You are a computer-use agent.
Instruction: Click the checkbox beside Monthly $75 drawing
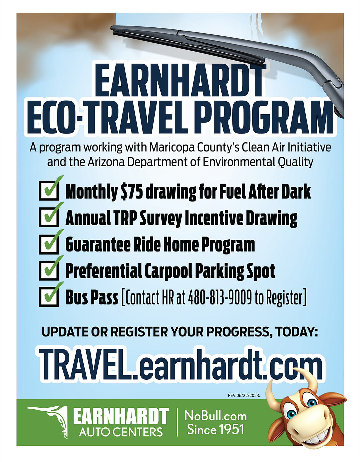49,191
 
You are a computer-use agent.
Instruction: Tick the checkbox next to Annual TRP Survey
49,217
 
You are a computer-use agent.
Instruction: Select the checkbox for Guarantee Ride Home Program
49,244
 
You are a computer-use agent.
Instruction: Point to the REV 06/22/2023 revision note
244,396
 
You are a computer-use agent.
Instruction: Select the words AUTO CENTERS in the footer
121,432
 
